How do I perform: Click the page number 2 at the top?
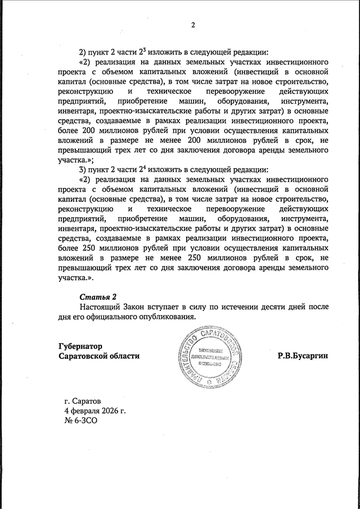(x=192, y=24)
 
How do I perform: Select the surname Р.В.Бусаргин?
(x=302, y=356)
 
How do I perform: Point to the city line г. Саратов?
(x=83, y=402)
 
